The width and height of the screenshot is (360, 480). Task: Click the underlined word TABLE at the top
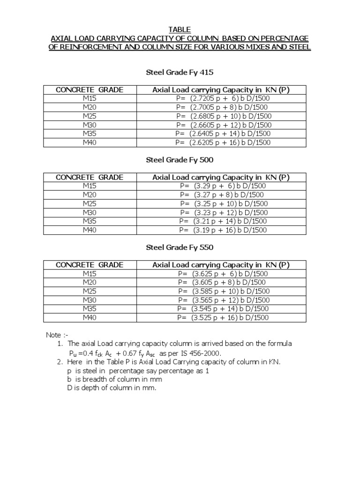[180, 30]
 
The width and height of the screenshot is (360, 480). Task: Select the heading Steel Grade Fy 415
[180, 73]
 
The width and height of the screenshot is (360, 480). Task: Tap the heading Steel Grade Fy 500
[180, 160]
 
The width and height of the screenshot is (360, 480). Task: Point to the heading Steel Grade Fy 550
[180, 247]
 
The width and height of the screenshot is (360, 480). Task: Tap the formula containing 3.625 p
[223, 274]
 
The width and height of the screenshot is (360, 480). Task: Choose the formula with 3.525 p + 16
[223, 318]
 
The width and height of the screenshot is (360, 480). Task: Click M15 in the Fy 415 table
[90, 98]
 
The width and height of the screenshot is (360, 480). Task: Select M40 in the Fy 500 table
[90, 230]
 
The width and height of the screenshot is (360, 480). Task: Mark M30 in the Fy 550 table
[90, 300]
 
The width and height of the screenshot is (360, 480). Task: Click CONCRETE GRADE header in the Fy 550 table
[90, 265]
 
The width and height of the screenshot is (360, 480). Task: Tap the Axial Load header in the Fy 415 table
[221, 90]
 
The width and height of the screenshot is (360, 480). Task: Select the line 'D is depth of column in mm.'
[112, 388]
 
